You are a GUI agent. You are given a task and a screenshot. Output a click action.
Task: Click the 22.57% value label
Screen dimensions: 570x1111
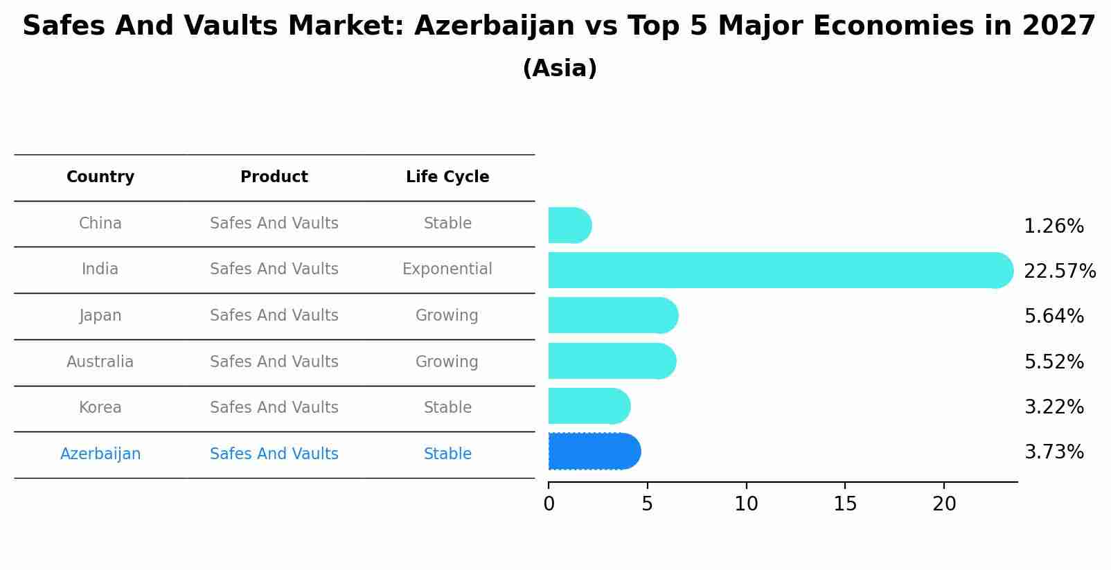coord(1059,271)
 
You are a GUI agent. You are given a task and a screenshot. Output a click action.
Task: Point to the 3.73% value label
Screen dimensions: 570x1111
coord(1054,452)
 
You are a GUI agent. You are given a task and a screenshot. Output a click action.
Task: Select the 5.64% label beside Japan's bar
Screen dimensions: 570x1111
coord(1054,317)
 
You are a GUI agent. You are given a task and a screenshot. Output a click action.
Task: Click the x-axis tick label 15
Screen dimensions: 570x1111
coord(845,504)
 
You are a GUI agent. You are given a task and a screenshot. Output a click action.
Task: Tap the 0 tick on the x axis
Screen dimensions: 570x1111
coord(549,504)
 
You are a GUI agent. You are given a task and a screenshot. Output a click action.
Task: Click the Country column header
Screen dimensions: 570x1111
coord(100,177)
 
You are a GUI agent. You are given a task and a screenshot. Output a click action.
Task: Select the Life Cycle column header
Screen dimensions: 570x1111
coord(447,177)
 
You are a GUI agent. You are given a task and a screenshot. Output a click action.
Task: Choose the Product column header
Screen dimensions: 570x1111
coord(274,177)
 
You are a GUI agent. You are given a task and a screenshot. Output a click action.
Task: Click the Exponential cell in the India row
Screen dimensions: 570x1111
coord(447,269)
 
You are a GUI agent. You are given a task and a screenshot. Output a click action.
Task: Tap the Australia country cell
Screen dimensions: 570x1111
coord(100,362)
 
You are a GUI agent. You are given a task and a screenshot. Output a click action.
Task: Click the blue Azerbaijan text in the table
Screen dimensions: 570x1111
coord(100,454)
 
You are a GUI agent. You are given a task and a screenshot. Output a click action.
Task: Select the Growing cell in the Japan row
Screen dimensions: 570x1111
coord(447,316)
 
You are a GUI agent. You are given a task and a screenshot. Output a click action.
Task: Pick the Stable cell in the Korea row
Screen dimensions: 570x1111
coord(447,408)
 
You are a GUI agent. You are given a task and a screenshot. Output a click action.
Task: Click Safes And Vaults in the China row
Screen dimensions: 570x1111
coord(274,224)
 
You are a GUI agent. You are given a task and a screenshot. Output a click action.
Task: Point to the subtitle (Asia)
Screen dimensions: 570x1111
coord(560,69)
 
